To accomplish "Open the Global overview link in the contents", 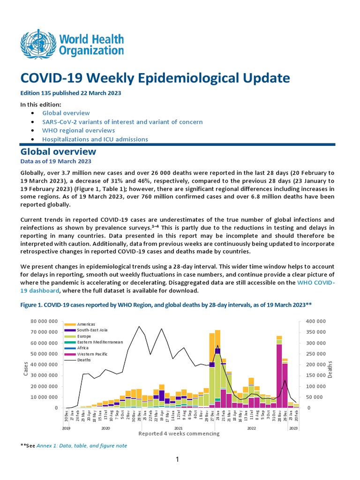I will pos(66,113).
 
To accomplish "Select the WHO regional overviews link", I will pos(78,130).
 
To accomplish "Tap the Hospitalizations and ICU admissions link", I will pos(95,139).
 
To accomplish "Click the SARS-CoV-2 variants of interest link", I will pos(122,122).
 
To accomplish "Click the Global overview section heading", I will pos(58,152).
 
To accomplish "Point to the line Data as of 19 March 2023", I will pos(49,161).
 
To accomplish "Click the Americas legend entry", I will pos(86,324).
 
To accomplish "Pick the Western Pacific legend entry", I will pos(93,354).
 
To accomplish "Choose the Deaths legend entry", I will pos(84,360).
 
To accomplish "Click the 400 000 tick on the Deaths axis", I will pos(311,321).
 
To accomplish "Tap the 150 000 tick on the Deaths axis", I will pos(311,375).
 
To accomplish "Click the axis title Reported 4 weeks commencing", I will pos(179,434).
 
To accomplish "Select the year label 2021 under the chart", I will pos(179,428).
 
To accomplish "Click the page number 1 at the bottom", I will pos(178,460).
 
